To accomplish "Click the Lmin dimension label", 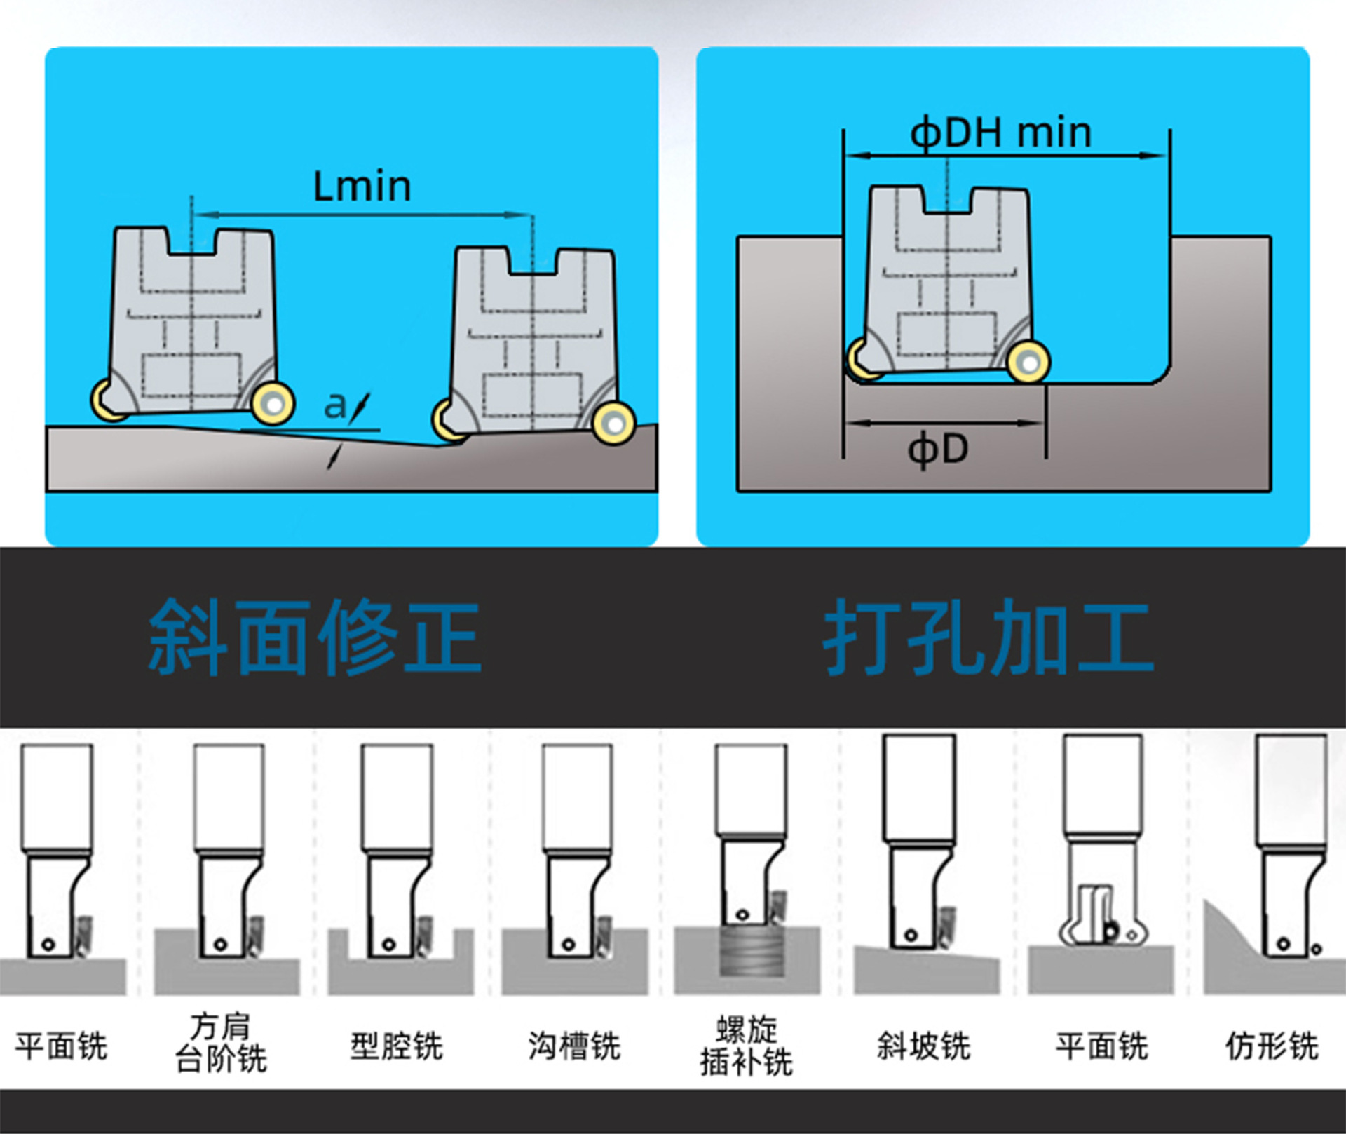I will [x=362, y=187].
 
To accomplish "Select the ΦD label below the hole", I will [x=938, y=449].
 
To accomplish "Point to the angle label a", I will [x=335, y=405].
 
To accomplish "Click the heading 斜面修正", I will [x=315, y=637].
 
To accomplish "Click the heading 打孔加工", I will [x=988, y=637].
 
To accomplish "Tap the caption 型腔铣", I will [x=397, y=1046].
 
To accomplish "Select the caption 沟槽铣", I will [x=574, y=1046].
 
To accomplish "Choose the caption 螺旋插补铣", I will [x=747, y=1046].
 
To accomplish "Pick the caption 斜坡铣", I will [x=923, y=1046].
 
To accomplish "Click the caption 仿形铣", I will [x=1272, y=1046].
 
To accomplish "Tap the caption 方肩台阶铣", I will [x=220, y=1043].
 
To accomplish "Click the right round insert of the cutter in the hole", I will [x=1028, y=363].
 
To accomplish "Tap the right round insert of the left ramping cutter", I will [x=273, y=404].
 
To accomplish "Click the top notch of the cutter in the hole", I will [x=948, y=200].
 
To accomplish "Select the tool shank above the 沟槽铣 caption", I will [x=577, y=796].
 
